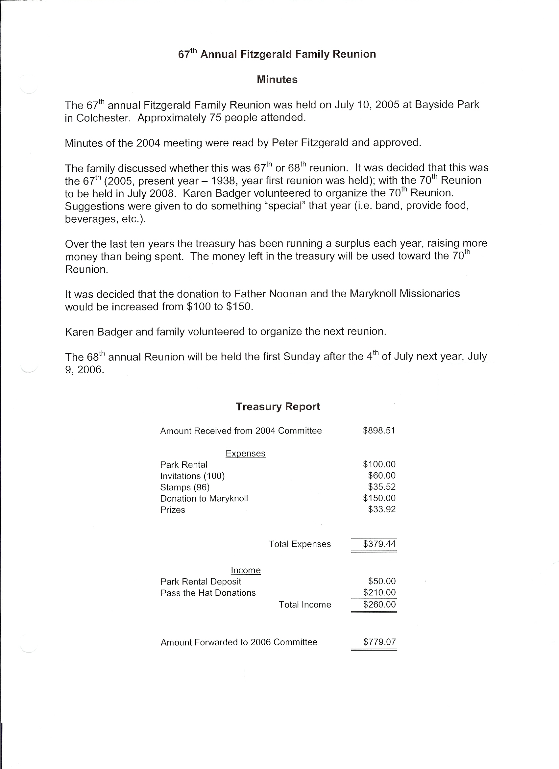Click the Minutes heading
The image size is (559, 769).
[x=277, y=80]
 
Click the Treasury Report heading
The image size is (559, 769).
[x=278, y=407]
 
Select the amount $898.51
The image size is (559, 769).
[x=379, y=431]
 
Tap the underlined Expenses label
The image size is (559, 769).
[x=245, y=453]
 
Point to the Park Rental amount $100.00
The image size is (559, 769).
[x=379, y=464]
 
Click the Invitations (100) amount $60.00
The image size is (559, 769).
[x=382, y=475]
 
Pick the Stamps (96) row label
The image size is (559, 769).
[x=185, y=487]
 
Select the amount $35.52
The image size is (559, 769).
[x=382, y=487]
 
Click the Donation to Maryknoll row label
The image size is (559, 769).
[x=204, y=498]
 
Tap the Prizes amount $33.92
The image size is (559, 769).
[x=382, y=509]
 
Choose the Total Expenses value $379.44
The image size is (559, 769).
[x=379, y=544]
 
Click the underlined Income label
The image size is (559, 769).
[x=245, y=570]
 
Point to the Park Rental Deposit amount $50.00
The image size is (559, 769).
[x=382, y=581]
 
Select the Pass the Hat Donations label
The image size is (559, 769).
[x=208, y=593]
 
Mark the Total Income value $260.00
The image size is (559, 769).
[x=379, y=604]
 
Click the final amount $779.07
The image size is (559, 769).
[x=379, y=642]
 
